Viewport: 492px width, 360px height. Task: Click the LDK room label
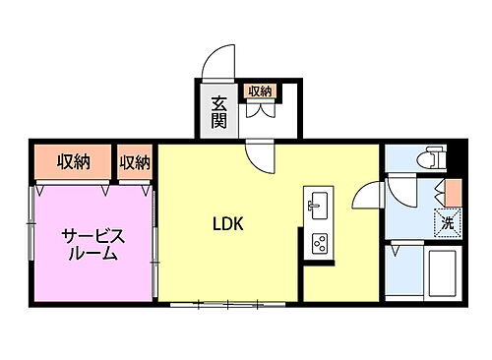click(x=228, y=222)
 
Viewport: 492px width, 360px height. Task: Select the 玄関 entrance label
click(x=218, y=114)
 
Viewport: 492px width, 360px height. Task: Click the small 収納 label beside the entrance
click(x=259, y=91)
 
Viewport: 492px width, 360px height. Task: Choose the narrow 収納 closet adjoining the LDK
click(x=135, y=161)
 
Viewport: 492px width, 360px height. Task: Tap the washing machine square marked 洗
click(x=447, y=223)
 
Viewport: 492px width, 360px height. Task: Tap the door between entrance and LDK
click(x=262, y=155)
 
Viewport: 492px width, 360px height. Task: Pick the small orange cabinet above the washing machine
click(x=453, y=193)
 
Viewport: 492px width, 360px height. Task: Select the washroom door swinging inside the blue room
click(x=401, y=190)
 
